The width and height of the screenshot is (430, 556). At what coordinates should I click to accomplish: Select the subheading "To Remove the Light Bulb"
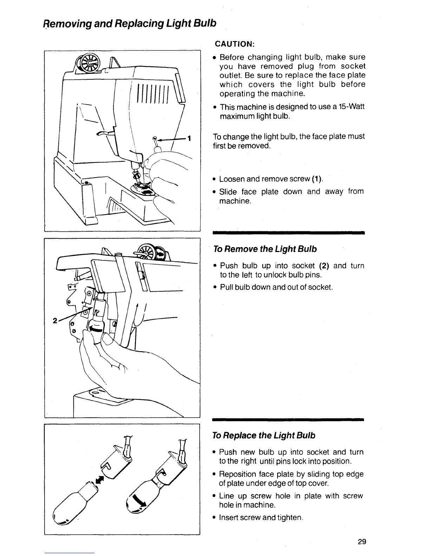[265, 249]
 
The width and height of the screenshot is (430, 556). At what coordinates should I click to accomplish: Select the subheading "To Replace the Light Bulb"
[264, 436]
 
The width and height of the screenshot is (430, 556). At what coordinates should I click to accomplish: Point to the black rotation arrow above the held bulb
[96, 329]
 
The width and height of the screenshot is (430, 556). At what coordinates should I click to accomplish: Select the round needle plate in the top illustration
[143, 188]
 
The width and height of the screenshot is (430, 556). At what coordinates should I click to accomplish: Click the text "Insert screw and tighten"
[260, 517]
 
